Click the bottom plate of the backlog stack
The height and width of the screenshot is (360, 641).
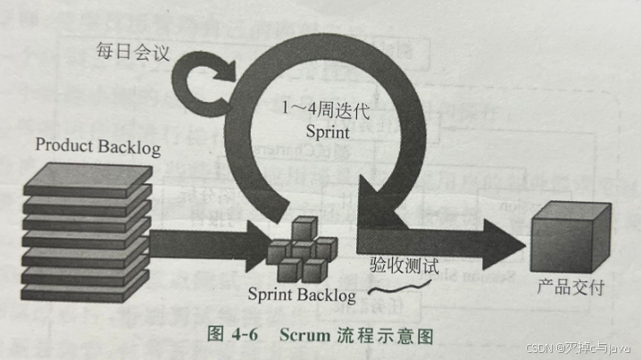(x=85, y=293)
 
